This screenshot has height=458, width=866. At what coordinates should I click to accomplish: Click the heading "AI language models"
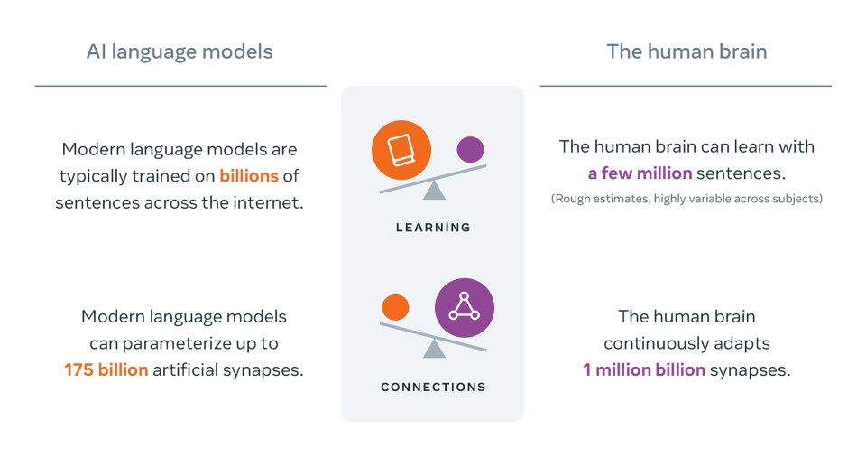tap(180, 52)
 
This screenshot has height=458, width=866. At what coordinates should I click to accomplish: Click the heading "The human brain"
tap(686, 51)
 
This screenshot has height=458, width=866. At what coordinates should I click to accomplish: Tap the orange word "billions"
tap(249, 176)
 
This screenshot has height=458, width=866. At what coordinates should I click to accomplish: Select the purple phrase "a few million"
tap(640, 173)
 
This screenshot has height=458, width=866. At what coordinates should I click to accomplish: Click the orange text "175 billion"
tap(106, 369)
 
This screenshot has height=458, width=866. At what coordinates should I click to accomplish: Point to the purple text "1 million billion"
tap(644, 369)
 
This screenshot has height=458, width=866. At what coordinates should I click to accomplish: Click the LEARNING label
tap(434, 228)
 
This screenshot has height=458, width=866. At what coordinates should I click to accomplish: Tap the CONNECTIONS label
tap(434, 388)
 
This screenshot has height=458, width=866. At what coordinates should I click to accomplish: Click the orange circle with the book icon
tap(401, 150)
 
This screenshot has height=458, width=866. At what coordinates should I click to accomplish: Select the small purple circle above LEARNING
tap(471, 149)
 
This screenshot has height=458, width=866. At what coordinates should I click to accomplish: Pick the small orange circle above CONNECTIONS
tap(395, 307)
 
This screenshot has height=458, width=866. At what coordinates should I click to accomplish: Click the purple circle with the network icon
tap(465, 307)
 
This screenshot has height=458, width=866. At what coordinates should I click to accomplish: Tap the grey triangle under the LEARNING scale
tap(434, 191)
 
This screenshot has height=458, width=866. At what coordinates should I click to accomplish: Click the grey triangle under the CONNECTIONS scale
tap(434, 349)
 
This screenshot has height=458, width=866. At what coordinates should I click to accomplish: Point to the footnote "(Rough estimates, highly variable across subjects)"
tap(686, 199)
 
